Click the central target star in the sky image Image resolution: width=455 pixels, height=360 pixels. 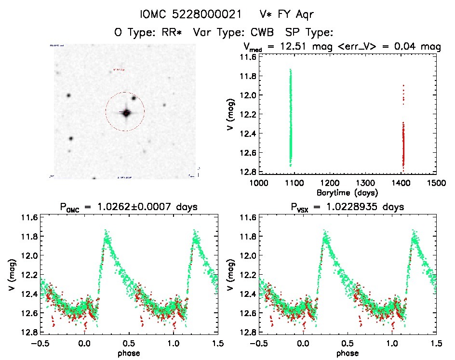tap(126, 113)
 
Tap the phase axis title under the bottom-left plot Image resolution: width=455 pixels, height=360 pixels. tap(129, 353)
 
